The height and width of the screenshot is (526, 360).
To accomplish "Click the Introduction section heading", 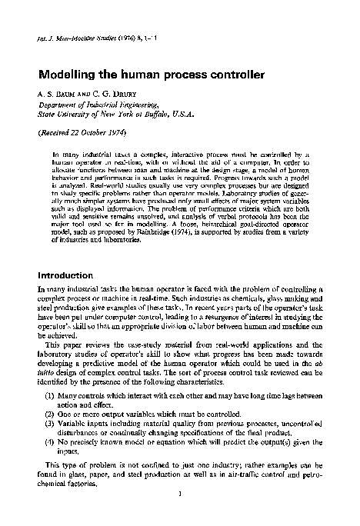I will tap(65, 275).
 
